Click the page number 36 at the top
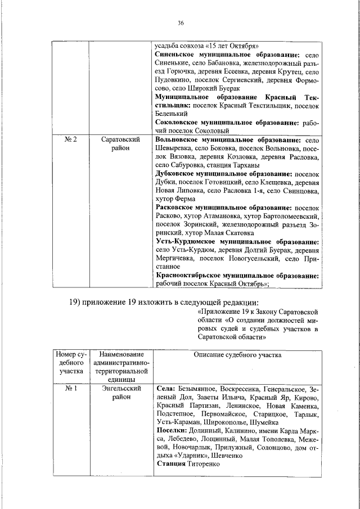coord(180,23)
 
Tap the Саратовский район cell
coord(120,143)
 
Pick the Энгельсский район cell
coord(120,393)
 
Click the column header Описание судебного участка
coord(237,355)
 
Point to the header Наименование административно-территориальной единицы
coord(120,367)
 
